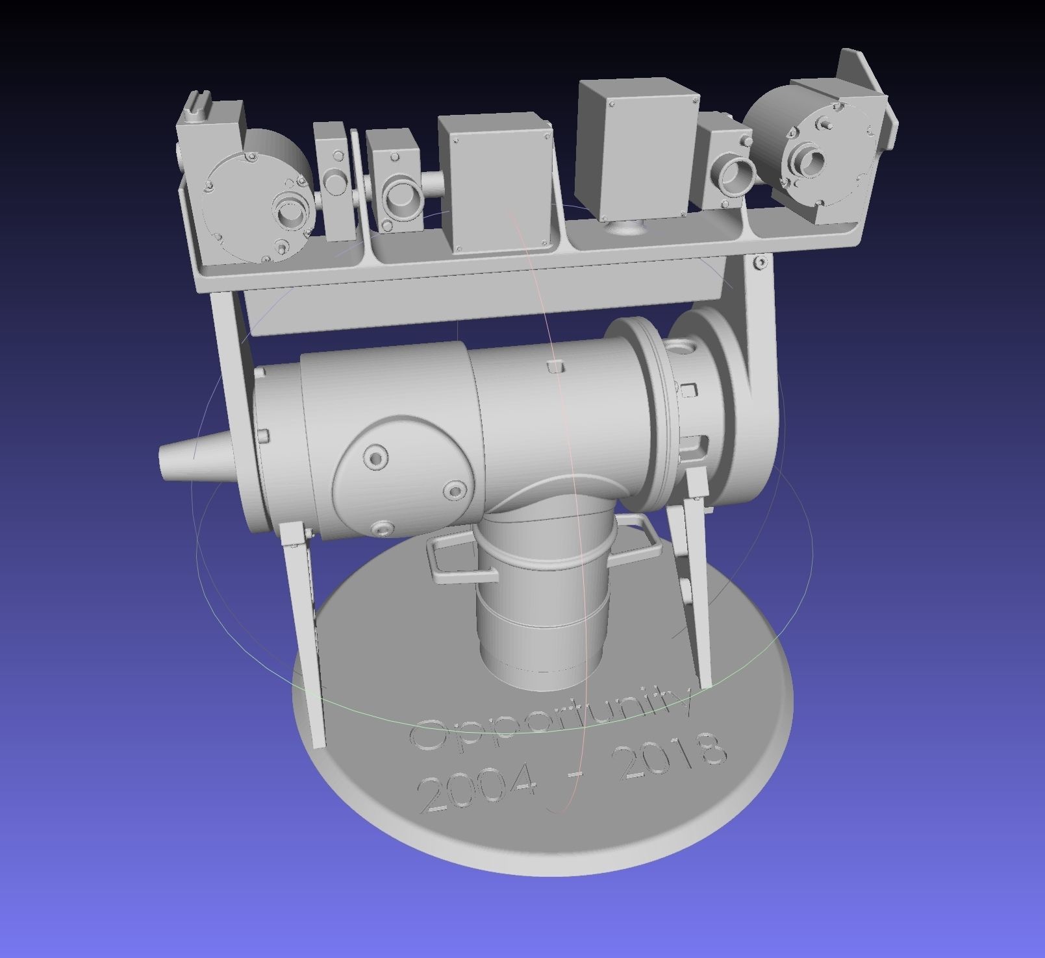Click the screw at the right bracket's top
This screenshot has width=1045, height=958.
tap(759, 262)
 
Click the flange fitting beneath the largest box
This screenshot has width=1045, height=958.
tap(626, 229)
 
